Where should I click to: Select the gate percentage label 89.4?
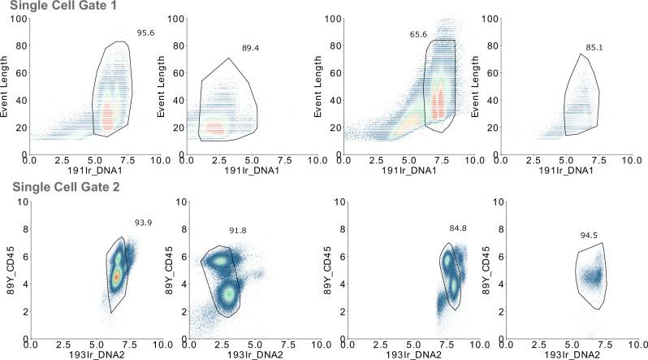point(250,49)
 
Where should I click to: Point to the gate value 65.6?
point(419,35)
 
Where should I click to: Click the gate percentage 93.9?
point(144,222)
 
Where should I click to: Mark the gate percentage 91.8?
point(236,230)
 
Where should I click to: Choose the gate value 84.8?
point(459,228)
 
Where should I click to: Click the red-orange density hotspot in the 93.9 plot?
point(116,276)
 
